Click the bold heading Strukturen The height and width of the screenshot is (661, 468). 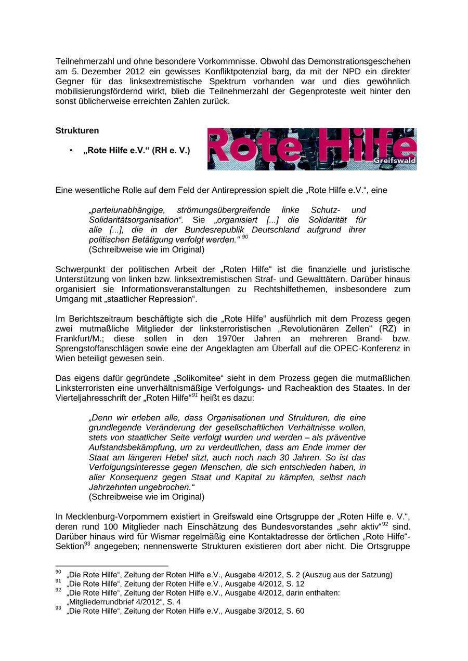coord(77,131)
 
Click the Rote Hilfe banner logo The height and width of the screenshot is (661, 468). coord(311,149)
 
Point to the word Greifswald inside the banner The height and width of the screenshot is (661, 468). coord(395,161)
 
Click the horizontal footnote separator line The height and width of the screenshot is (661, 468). coord(112,565)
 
